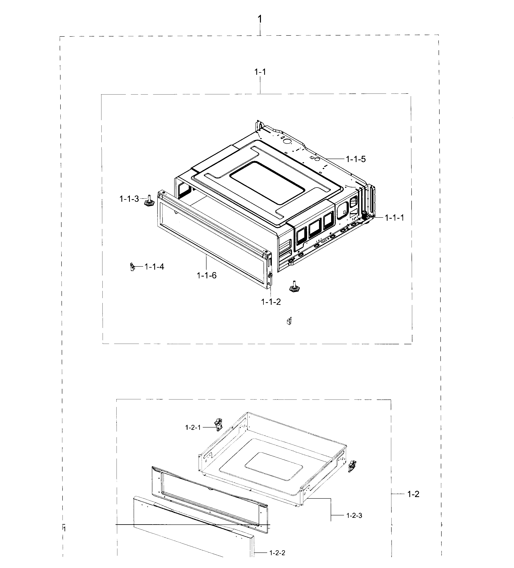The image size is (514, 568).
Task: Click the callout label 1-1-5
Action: click(x=356, y=159)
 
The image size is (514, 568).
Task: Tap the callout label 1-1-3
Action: click(x=129, y=199)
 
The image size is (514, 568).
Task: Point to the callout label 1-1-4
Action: click(x=154, y=266)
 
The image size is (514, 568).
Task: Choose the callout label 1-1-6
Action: click(x=206, y=275)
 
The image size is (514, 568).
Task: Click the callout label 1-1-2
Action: click(x=271, y=302)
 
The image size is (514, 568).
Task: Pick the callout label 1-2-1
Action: click(x=193, y=427)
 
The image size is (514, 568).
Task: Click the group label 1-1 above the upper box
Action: click(x=260, y=72)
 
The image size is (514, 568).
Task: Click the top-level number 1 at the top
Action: click(x=260, y=19)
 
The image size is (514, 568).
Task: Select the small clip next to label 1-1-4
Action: click(x=132, y=266)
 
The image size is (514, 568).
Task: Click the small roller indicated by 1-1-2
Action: click(x=270, y=275)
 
